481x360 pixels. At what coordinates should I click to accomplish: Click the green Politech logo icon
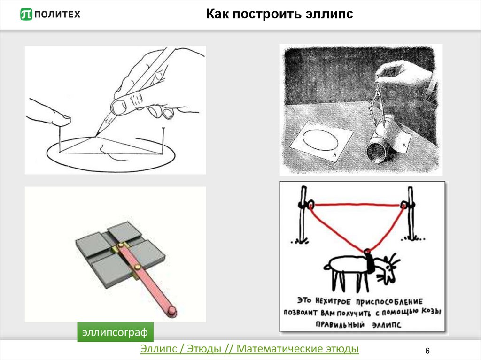[26, 14]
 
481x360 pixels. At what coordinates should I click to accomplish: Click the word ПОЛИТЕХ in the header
[57, 14]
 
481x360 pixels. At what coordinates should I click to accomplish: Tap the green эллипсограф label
[115, 332]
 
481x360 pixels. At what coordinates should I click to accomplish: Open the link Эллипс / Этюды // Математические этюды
[249, 349]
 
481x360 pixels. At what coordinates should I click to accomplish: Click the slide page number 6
[427, 351]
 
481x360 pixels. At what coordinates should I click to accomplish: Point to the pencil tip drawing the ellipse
[96, 135]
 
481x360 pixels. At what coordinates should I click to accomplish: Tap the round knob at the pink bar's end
[172, 311]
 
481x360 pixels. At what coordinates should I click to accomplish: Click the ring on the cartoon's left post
[311, 204]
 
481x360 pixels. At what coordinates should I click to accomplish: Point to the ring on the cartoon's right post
[404, 205]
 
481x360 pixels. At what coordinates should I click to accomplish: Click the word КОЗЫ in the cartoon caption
[431, 311]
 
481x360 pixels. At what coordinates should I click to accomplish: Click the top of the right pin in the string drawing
[163, 128]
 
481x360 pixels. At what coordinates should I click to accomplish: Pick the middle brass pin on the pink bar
[138, 267]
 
